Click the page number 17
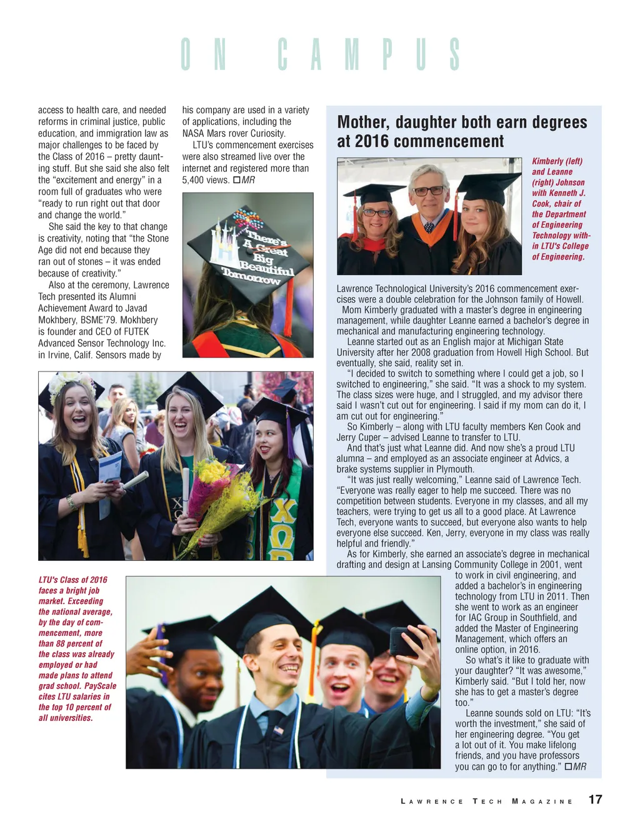click(595, 800)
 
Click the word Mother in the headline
click(362, 122)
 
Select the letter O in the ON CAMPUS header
click(186, 54)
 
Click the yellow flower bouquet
click(212, 494)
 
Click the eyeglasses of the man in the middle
click(429, 191)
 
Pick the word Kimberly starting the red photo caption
click(548, 161)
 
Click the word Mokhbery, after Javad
click(59, 320)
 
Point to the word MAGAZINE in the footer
click(542, 802)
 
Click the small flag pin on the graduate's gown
click(278, 730)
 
